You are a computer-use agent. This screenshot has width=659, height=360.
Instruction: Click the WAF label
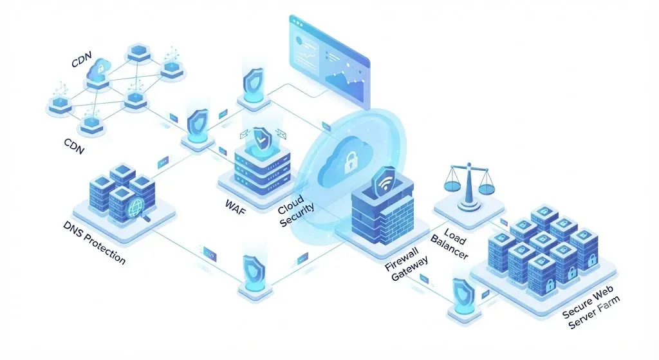point(236,207)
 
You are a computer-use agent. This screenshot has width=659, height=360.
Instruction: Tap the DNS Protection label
point(94,243)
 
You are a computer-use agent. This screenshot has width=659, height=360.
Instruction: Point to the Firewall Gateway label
point(407,264)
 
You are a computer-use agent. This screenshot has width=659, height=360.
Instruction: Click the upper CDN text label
point(82,60)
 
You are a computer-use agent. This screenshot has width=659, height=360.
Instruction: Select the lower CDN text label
point(75,146)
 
